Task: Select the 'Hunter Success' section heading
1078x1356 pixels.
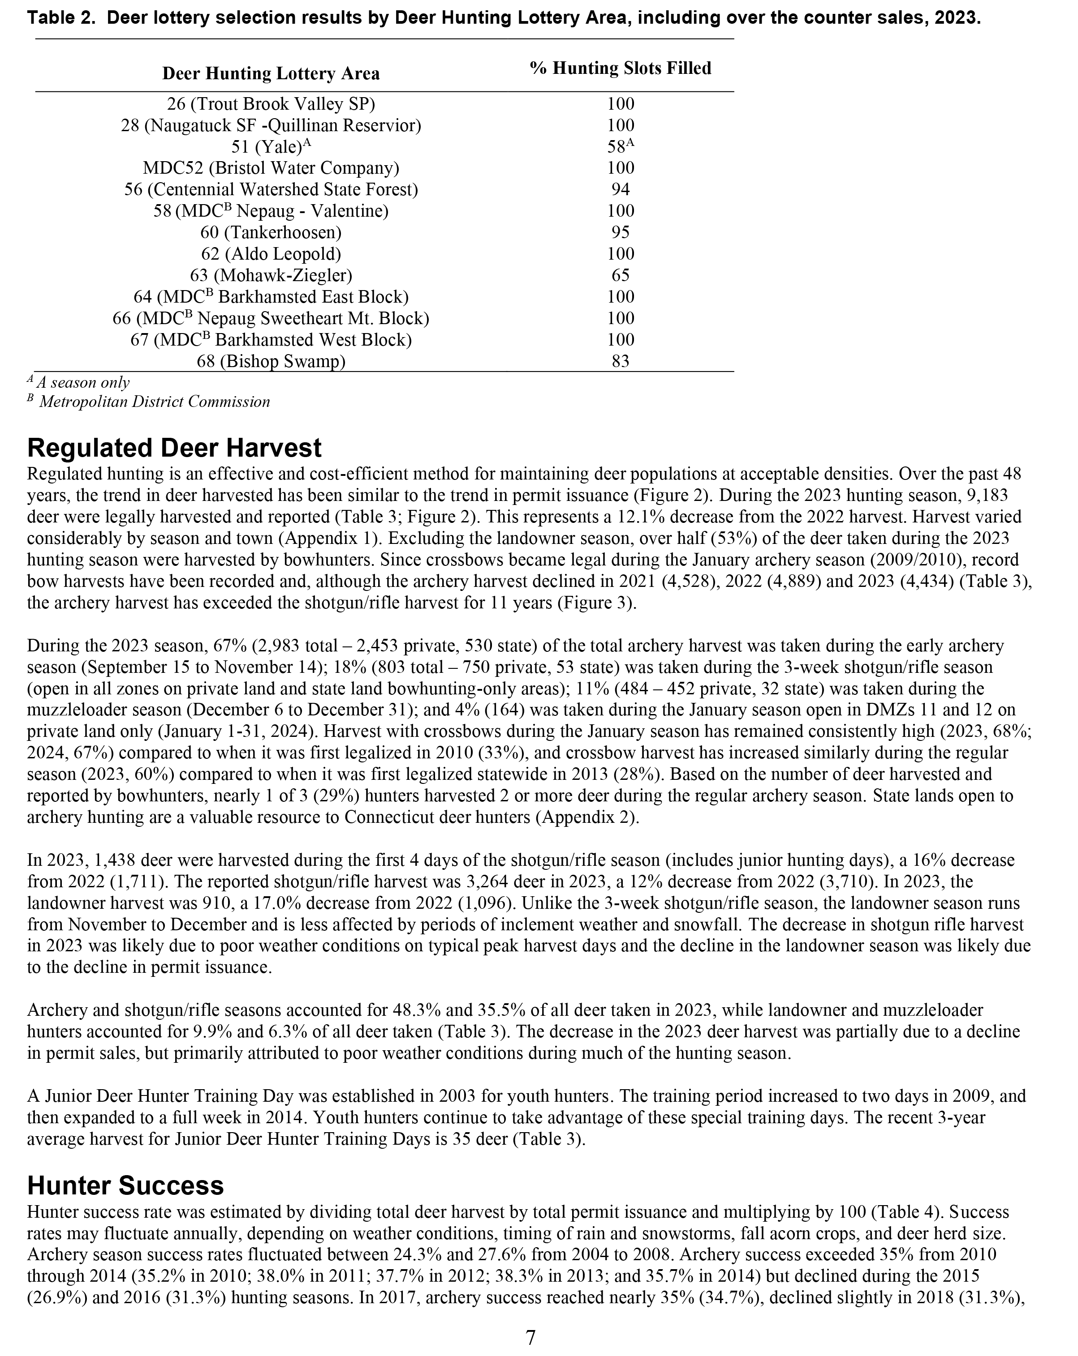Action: click(x=125, y=1185)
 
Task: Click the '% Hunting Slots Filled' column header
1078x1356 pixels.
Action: click(x=621, y=68)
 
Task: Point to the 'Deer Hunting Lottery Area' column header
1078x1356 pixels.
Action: click(x=271, y=73)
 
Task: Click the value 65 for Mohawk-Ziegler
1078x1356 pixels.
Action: click(x=621, y=275)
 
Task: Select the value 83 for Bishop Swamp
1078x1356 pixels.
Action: click(x=621, y=361)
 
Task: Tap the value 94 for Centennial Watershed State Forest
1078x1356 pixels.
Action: click(x=621, y=189)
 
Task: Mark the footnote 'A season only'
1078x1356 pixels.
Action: click(x=82, y=382)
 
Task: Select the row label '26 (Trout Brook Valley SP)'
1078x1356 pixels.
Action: click(x=271, y=104)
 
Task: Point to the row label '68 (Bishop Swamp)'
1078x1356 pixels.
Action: click(x=271, y=361)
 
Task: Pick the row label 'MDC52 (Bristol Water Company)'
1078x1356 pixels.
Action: click(x=271, y=168)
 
